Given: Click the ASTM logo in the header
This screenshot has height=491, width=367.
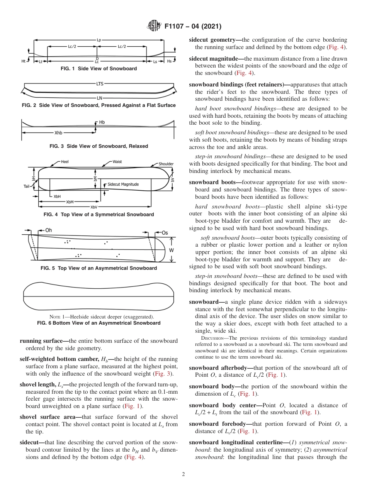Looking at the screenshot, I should pyautogui.click(x=155, y=27).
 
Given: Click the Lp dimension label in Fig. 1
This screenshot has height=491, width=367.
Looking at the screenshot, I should pyautogui.click(x=99, y=39).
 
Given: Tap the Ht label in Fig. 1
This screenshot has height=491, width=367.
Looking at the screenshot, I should pyautogui.click(x=24, y=61).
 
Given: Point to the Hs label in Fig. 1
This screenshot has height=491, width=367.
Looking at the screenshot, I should pyautogui.click(x=169, y=61).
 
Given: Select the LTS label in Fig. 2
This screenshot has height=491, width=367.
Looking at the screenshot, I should pyautogui.click(x=99, y=83).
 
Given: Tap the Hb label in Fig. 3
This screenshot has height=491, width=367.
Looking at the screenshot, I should pyautogui.click(x=102, y=122).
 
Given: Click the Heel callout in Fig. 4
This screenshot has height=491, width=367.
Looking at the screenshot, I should pyautogui.click(x=65, y=162).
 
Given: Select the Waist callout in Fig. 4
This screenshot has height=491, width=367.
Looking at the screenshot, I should pyautogui.click(x=117, y=162).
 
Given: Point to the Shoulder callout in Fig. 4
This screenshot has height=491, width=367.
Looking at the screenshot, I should pyautogui.click(x=166, y=164).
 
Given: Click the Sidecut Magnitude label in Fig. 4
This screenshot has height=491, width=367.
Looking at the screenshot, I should pyautogui.click(x=123, y=185).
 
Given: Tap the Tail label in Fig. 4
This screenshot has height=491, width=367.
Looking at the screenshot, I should pyautogui.click(x=26, y=186).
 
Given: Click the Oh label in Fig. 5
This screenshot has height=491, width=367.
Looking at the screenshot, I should pyautogui.click(x=48, y=230).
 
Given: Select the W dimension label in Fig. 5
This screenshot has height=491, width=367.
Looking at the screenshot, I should pyautogui.click(x=172, y=250).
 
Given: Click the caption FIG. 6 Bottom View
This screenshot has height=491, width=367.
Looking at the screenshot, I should pyautogui.click(x=99, y=323).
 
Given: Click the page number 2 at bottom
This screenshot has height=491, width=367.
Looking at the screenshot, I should pyautogui.click(x=183, y=474).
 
